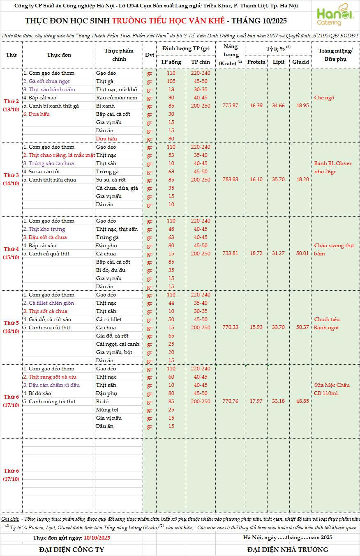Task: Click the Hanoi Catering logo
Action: point(335,16)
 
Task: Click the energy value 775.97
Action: point(230,106)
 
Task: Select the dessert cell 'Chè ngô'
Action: point(324,98)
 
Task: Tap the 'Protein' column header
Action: point(256,62)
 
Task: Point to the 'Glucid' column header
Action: point(300,62)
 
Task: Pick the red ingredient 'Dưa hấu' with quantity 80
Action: point(106,139)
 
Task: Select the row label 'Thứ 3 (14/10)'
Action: point(12,179)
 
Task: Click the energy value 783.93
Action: point(230,179)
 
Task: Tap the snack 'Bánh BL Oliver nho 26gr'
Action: point(333,168)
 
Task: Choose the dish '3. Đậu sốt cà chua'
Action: point(45,237)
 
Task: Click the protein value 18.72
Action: point(256,253)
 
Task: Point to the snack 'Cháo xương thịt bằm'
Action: point(334,250)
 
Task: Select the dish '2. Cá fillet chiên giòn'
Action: point(48,303)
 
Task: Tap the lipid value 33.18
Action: point(278,401)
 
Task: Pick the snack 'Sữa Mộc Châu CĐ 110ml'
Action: point(332,389)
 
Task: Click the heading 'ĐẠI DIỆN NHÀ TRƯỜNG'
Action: point(288,549)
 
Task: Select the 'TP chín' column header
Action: point(200,62)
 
